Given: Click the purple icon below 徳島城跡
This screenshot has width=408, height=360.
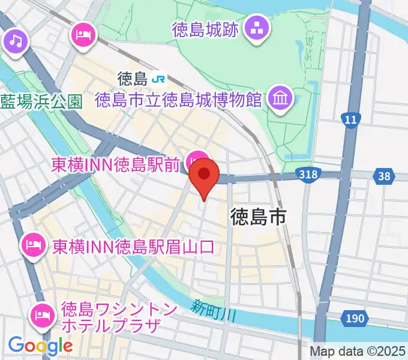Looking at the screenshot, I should coord(258,28).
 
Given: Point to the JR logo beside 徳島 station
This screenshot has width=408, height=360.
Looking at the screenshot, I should coord(159,78).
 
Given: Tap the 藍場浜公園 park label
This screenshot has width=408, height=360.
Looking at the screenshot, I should coord(41,101).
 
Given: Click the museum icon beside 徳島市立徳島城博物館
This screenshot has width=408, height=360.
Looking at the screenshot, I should coord(280,97).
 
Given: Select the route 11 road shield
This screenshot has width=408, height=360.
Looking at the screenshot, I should coord(350,120).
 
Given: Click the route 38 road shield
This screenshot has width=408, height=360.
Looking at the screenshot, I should coord(384,176).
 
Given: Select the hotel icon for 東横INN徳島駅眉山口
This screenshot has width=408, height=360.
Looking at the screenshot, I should coord(31,244).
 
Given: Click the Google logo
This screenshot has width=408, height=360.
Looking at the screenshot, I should coord(40,345).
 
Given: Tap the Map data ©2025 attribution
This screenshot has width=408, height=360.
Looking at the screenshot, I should coord(358,352).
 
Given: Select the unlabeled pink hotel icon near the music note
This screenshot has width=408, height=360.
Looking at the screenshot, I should coord(84,34).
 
